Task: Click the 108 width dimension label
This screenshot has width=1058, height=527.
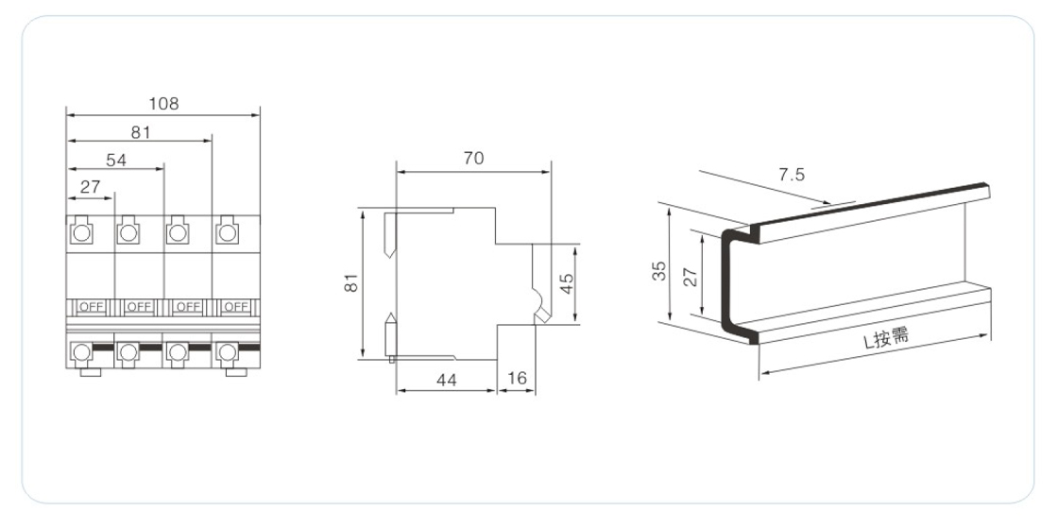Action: [x=164, y=104]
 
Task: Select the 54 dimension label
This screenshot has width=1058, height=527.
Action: [x=116, y=161]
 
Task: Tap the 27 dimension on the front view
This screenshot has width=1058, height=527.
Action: [x=90, y=187]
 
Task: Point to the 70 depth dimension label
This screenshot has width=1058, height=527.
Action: [x=473, y=159]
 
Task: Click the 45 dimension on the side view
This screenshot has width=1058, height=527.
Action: [x=568, y=283]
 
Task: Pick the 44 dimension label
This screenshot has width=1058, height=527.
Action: [x=447, y=381]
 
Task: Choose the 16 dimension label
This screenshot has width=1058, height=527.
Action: [x=517, y=379]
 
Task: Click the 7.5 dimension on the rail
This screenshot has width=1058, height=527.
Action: [x=792, y=176]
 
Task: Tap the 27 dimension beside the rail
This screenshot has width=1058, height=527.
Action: [x=691, y=277]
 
